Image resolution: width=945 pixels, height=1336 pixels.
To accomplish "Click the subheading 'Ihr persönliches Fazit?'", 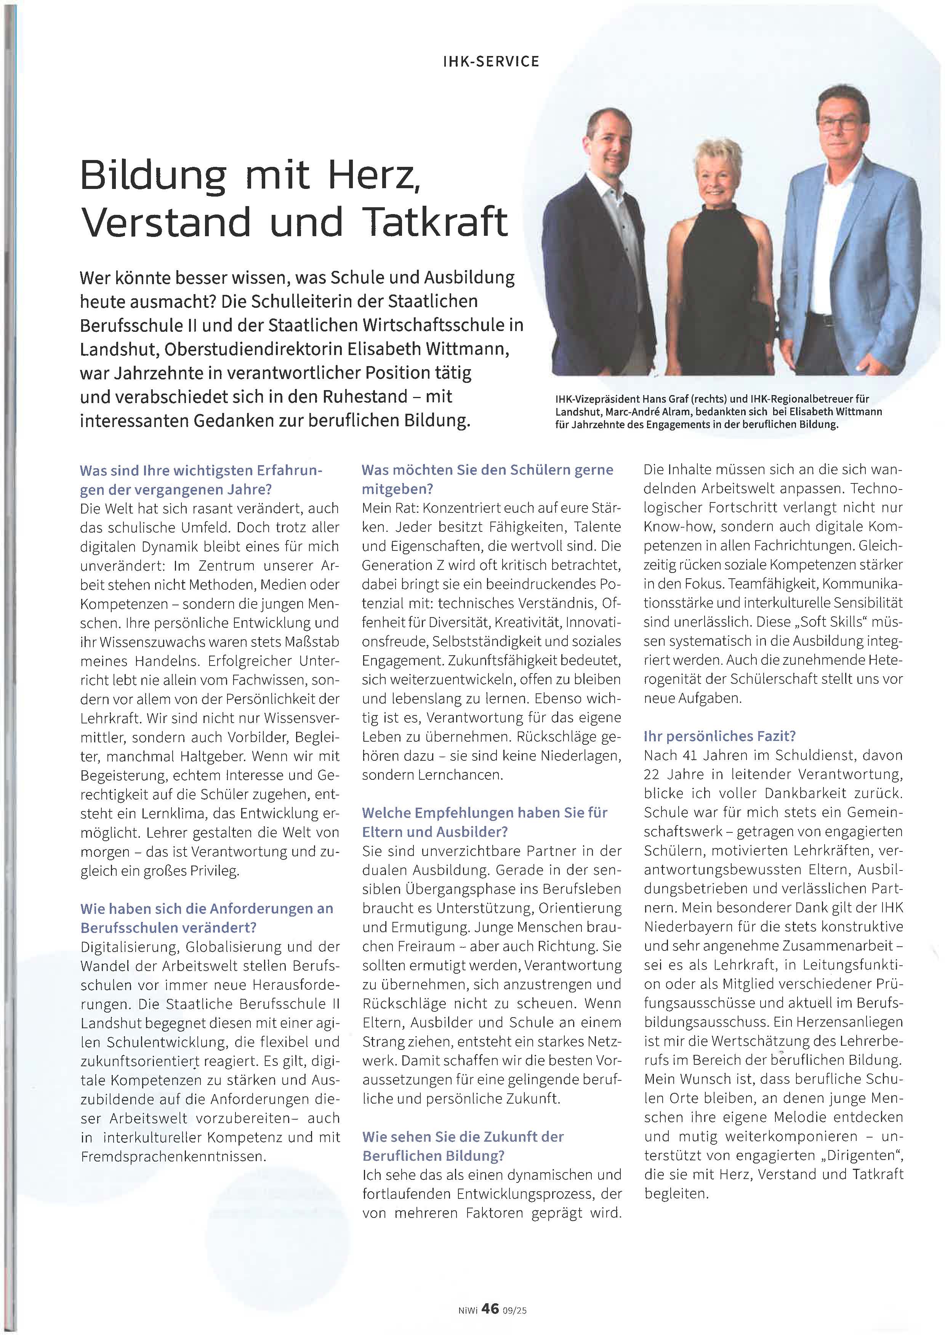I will pos(719,736).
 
